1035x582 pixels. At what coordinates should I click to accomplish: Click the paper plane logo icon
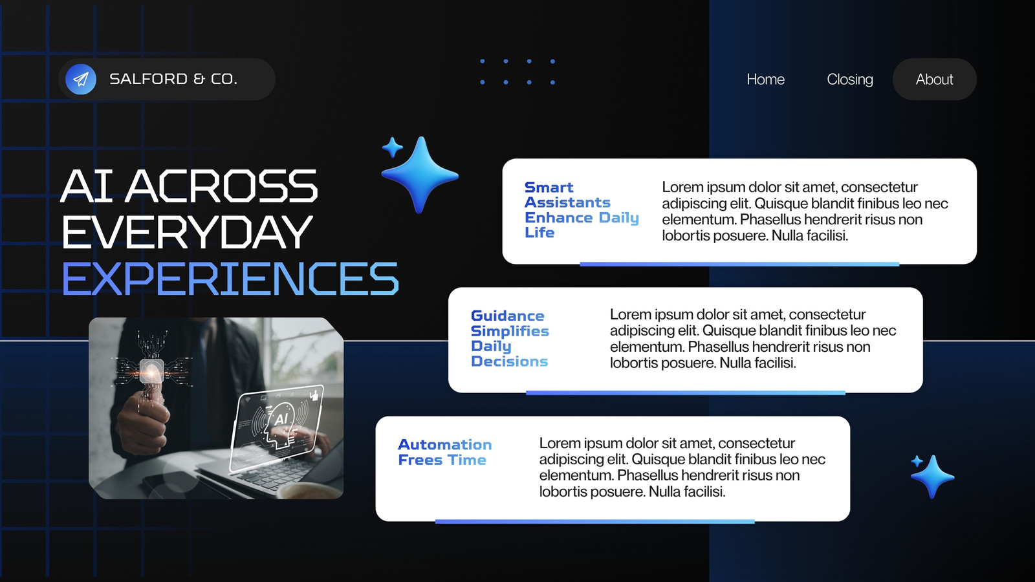coord(81,80)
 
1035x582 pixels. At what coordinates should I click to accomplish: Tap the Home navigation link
coord(766,80)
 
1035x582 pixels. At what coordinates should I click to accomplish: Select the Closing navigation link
coord(850,80)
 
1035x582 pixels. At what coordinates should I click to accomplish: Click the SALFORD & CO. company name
coord(173,79)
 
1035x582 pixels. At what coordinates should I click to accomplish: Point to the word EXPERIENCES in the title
coord(230,278)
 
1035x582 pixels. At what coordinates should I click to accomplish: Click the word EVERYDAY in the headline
coord(187,232)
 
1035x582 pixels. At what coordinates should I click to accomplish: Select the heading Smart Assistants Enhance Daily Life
coord(582,210)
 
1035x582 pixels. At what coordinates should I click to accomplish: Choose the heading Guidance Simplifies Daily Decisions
coord(510,339)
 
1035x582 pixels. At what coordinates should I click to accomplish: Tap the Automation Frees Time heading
coord(444,452)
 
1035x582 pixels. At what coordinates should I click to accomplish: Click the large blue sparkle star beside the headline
coord(420,175)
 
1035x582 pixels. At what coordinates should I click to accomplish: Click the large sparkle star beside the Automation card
coord(933,477)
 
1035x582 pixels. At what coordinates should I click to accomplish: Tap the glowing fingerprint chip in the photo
coord(151,370)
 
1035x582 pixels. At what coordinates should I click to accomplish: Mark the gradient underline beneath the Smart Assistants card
coord(739,264)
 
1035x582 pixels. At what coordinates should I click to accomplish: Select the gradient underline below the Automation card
coord(594,521)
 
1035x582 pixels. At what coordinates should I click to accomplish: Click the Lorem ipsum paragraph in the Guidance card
coord(753,339)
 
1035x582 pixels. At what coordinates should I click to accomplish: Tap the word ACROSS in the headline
coord(221,186)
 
